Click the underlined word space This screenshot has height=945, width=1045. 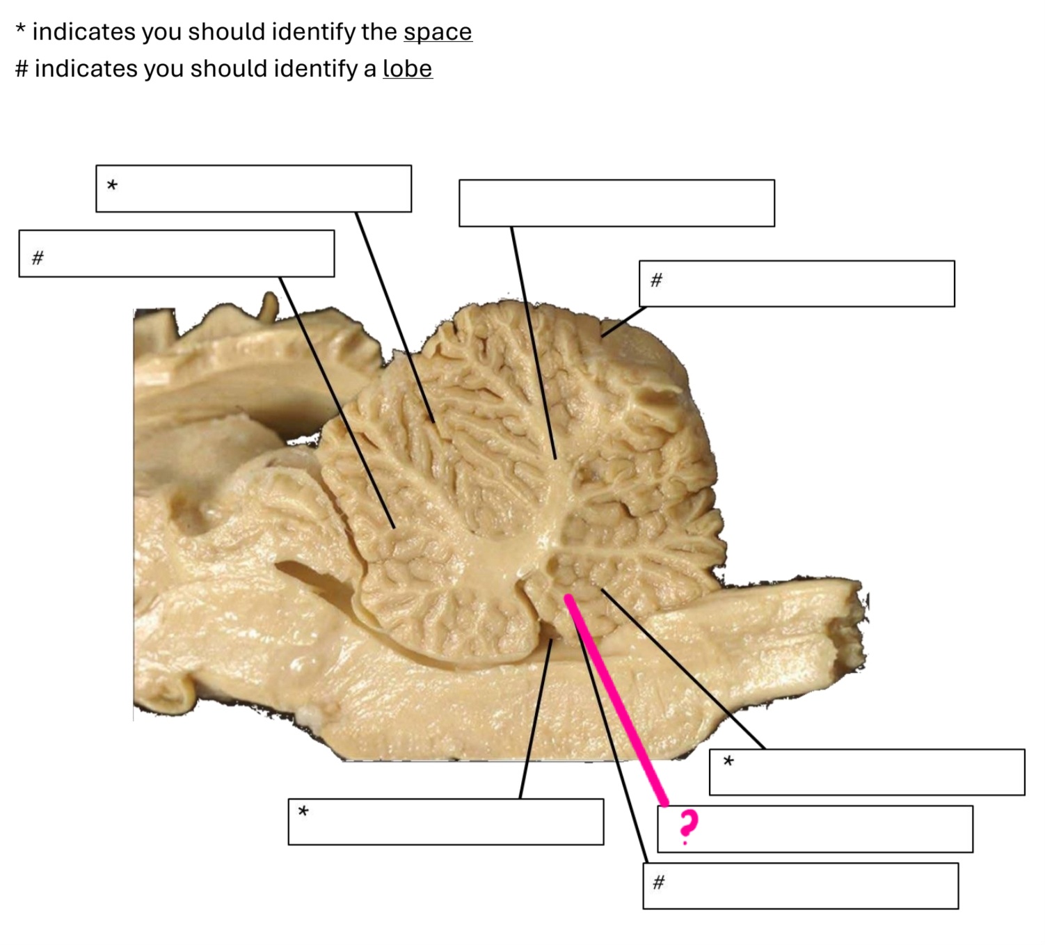point(438,32)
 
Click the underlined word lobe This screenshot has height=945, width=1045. point(407,69)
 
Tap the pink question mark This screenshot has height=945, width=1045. point(687,825)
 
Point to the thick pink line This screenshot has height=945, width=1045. point(616,700)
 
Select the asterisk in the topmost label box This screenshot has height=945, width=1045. point(112,185)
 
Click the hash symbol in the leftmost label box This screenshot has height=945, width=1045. point(38,257)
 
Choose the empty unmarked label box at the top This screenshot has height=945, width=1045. point(616,203)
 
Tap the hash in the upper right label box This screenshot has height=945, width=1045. point(656,280)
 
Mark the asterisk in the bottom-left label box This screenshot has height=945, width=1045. point(303,811)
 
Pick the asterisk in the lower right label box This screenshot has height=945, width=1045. point(728,761)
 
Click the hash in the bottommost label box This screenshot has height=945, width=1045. point(659,882)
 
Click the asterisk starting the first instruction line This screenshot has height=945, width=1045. point(21,31)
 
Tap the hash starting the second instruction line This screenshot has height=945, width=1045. point(22,69)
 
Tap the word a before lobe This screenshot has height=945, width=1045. point(369,69)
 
